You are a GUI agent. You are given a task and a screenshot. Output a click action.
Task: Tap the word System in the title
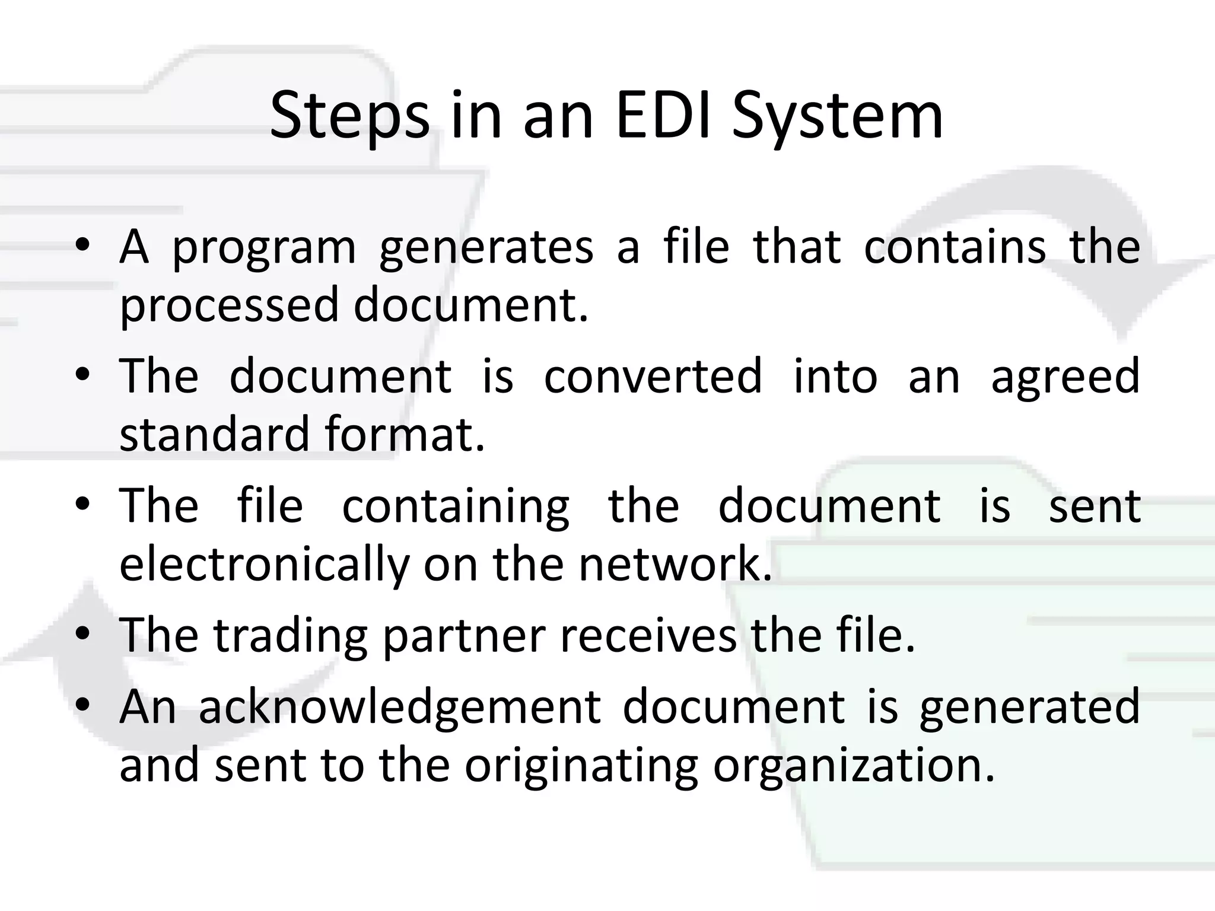click(x=837, y=116)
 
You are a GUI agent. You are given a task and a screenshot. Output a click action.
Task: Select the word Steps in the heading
click(x=349, y=116)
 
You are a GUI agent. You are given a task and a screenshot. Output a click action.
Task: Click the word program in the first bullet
click(x=264, y=249)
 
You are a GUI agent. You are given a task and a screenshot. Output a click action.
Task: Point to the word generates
click(x=486, y=249)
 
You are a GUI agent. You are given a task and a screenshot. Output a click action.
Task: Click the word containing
click(x=456, y=508)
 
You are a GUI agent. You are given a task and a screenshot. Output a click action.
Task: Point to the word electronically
click(x=265, y=565)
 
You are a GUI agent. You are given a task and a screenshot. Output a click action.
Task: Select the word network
click(x=675, y=564)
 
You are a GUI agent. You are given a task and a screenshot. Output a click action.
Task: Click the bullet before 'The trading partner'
click(x=83, y=633)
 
